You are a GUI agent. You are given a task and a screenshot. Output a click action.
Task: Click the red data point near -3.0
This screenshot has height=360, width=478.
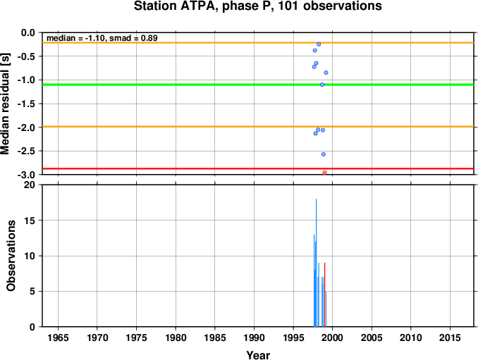pyautogui.click(x=325, y=173)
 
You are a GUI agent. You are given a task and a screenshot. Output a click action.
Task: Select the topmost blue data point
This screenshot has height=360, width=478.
pyautogui.click(x=319, y=44)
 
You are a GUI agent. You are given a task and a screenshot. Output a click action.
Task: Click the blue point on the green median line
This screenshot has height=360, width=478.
pyautogui.click(x=322, y=85)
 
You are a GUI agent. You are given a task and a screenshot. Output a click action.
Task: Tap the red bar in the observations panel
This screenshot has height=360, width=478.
pyautogui.click(x=325, y=294)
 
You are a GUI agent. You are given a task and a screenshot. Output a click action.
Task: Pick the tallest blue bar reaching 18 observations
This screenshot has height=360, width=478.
pyautogui.click(x=316, y=263)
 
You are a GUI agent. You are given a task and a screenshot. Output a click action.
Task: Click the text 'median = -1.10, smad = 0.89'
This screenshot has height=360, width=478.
pyautogui.click(x=102, y=38)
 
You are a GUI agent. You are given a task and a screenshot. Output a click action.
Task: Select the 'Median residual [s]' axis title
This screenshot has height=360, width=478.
pyautogui.click(x=6, y=104)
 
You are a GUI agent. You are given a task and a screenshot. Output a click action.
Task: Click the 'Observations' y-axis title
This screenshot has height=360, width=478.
pyautogui.click(x=11, y=256)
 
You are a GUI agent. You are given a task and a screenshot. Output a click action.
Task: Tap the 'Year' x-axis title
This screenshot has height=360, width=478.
pyautogui.click(x=258, y=355)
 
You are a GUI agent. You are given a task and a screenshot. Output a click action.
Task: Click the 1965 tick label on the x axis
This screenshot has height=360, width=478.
pyautogui.click(x=58, y=337)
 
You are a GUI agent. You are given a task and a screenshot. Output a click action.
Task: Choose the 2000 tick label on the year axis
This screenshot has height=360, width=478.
pyautogui.click(x=332, y=337)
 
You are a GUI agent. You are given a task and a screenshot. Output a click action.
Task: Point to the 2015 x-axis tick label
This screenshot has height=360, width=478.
pyautogui.click(x=450, y=337)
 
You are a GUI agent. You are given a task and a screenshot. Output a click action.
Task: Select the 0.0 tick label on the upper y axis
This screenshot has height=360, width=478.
pyautogui.click(x=28, y=32)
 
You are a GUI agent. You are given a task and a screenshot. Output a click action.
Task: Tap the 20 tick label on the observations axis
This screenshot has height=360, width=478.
pyautogui.click(x=30, y=185)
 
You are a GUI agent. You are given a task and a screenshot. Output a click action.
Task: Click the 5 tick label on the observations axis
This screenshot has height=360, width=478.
pyautogui.click(x=32, y=291)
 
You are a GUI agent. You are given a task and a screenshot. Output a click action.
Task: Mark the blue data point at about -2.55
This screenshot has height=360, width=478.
pyautogui.click(x=324, y=154)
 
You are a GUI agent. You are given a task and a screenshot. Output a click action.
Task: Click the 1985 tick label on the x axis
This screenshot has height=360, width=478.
pyautogui.click(x=215, y=337)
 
